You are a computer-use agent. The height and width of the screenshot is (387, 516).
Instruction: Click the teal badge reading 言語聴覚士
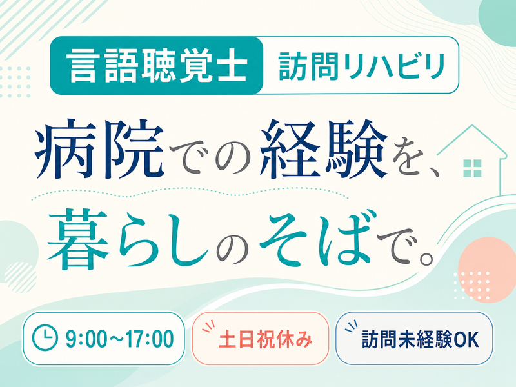pyautogui.click(x=157, y=66)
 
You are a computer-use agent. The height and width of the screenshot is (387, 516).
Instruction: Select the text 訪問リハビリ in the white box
pyautogui.click(x=361, y=66)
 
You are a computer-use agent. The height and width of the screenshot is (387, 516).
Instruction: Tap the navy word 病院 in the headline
pyautogui.click(x=100, y=150)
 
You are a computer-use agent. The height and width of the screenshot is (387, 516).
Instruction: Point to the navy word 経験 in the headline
pyautogui.click(x=324, y=149)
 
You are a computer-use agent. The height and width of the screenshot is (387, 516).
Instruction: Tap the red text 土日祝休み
pyautogui.click(x=265, y=339)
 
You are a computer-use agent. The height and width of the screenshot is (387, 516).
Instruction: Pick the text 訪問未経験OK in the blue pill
pyautogui.click(x=421, y=339)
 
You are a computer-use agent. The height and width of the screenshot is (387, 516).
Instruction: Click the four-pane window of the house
pyautogui.click(x=472, y=168)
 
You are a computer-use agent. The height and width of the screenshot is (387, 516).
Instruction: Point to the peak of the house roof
pyautogui.click(x=472, y=125)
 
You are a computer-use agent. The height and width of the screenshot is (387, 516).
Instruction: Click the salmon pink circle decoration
pyautogui.click(x=487, y=270)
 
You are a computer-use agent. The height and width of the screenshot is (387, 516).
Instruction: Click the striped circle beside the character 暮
pyautogui.click(x=21, y=277)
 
